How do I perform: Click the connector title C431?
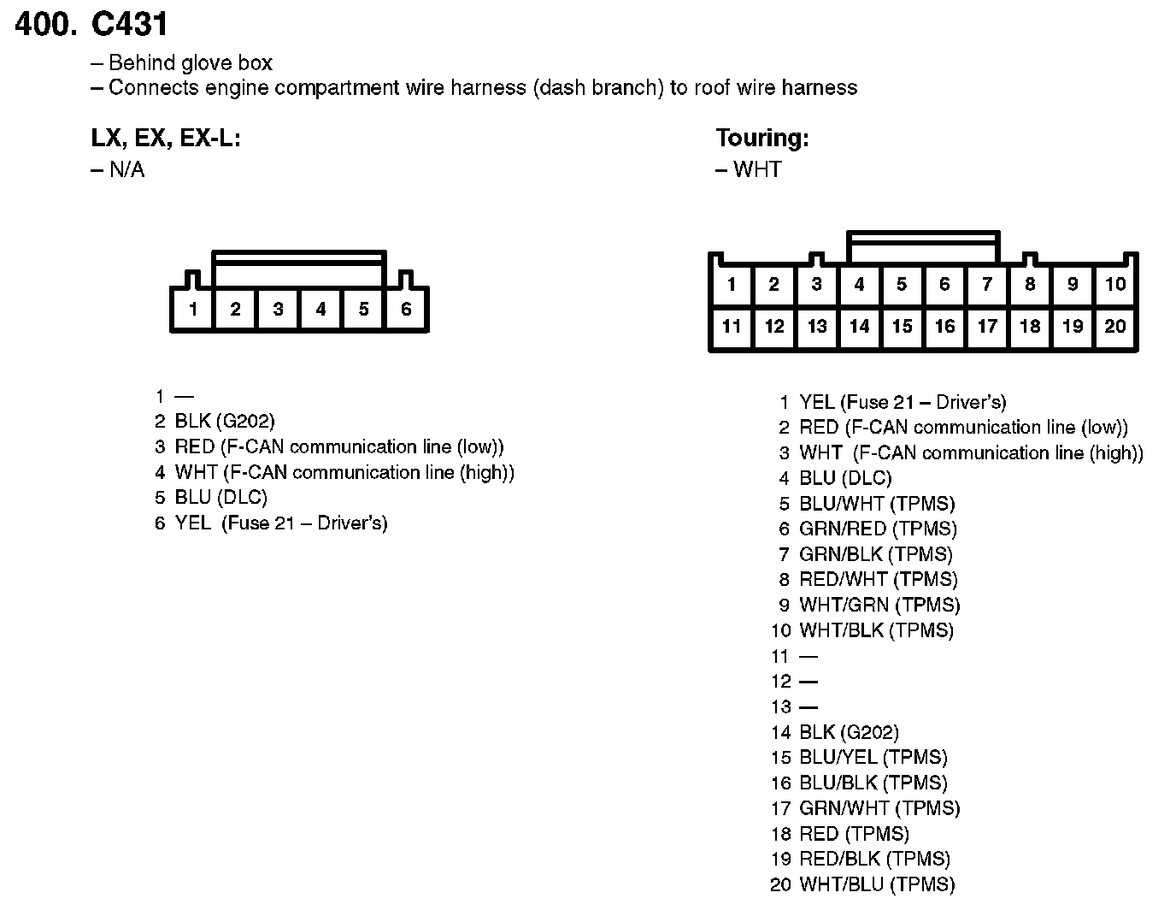coord(129,24)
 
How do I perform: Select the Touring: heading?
coord(761,138)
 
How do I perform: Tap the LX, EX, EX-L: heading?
coord(166,138)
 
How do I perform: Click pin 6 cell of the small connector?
coord(406,309)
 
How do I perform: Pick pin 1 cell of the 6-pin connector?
coord(193,309)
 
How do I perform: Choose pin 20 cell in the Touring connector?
coord(1115,326)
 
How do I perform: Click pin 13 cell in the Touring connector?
coord(817,326)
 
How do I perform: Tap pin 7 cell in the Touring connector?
coord(987,284)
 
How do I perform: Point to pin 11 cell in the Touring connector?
coord(732,326)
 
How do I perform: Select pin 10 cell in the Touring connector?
coord(1115,284)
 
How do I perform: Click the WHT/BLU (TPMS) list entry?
coord(876,884)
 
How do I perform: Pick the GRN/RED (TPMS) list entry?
coord(877,529)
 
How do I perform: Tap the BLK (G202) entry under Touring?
coord(848,732)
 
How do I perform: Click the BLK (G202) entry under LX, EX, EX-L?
coord(224,421)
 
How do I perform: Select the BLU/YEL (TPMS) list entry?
coord(873,757)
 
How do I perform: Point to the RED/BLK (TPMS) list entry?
coord(874,859)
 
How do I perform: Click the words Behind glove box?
coord(190,62)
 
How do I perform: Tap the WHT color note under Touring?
coord(756,169)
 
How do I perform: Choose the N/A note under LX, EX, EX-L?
coord(126,169)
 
